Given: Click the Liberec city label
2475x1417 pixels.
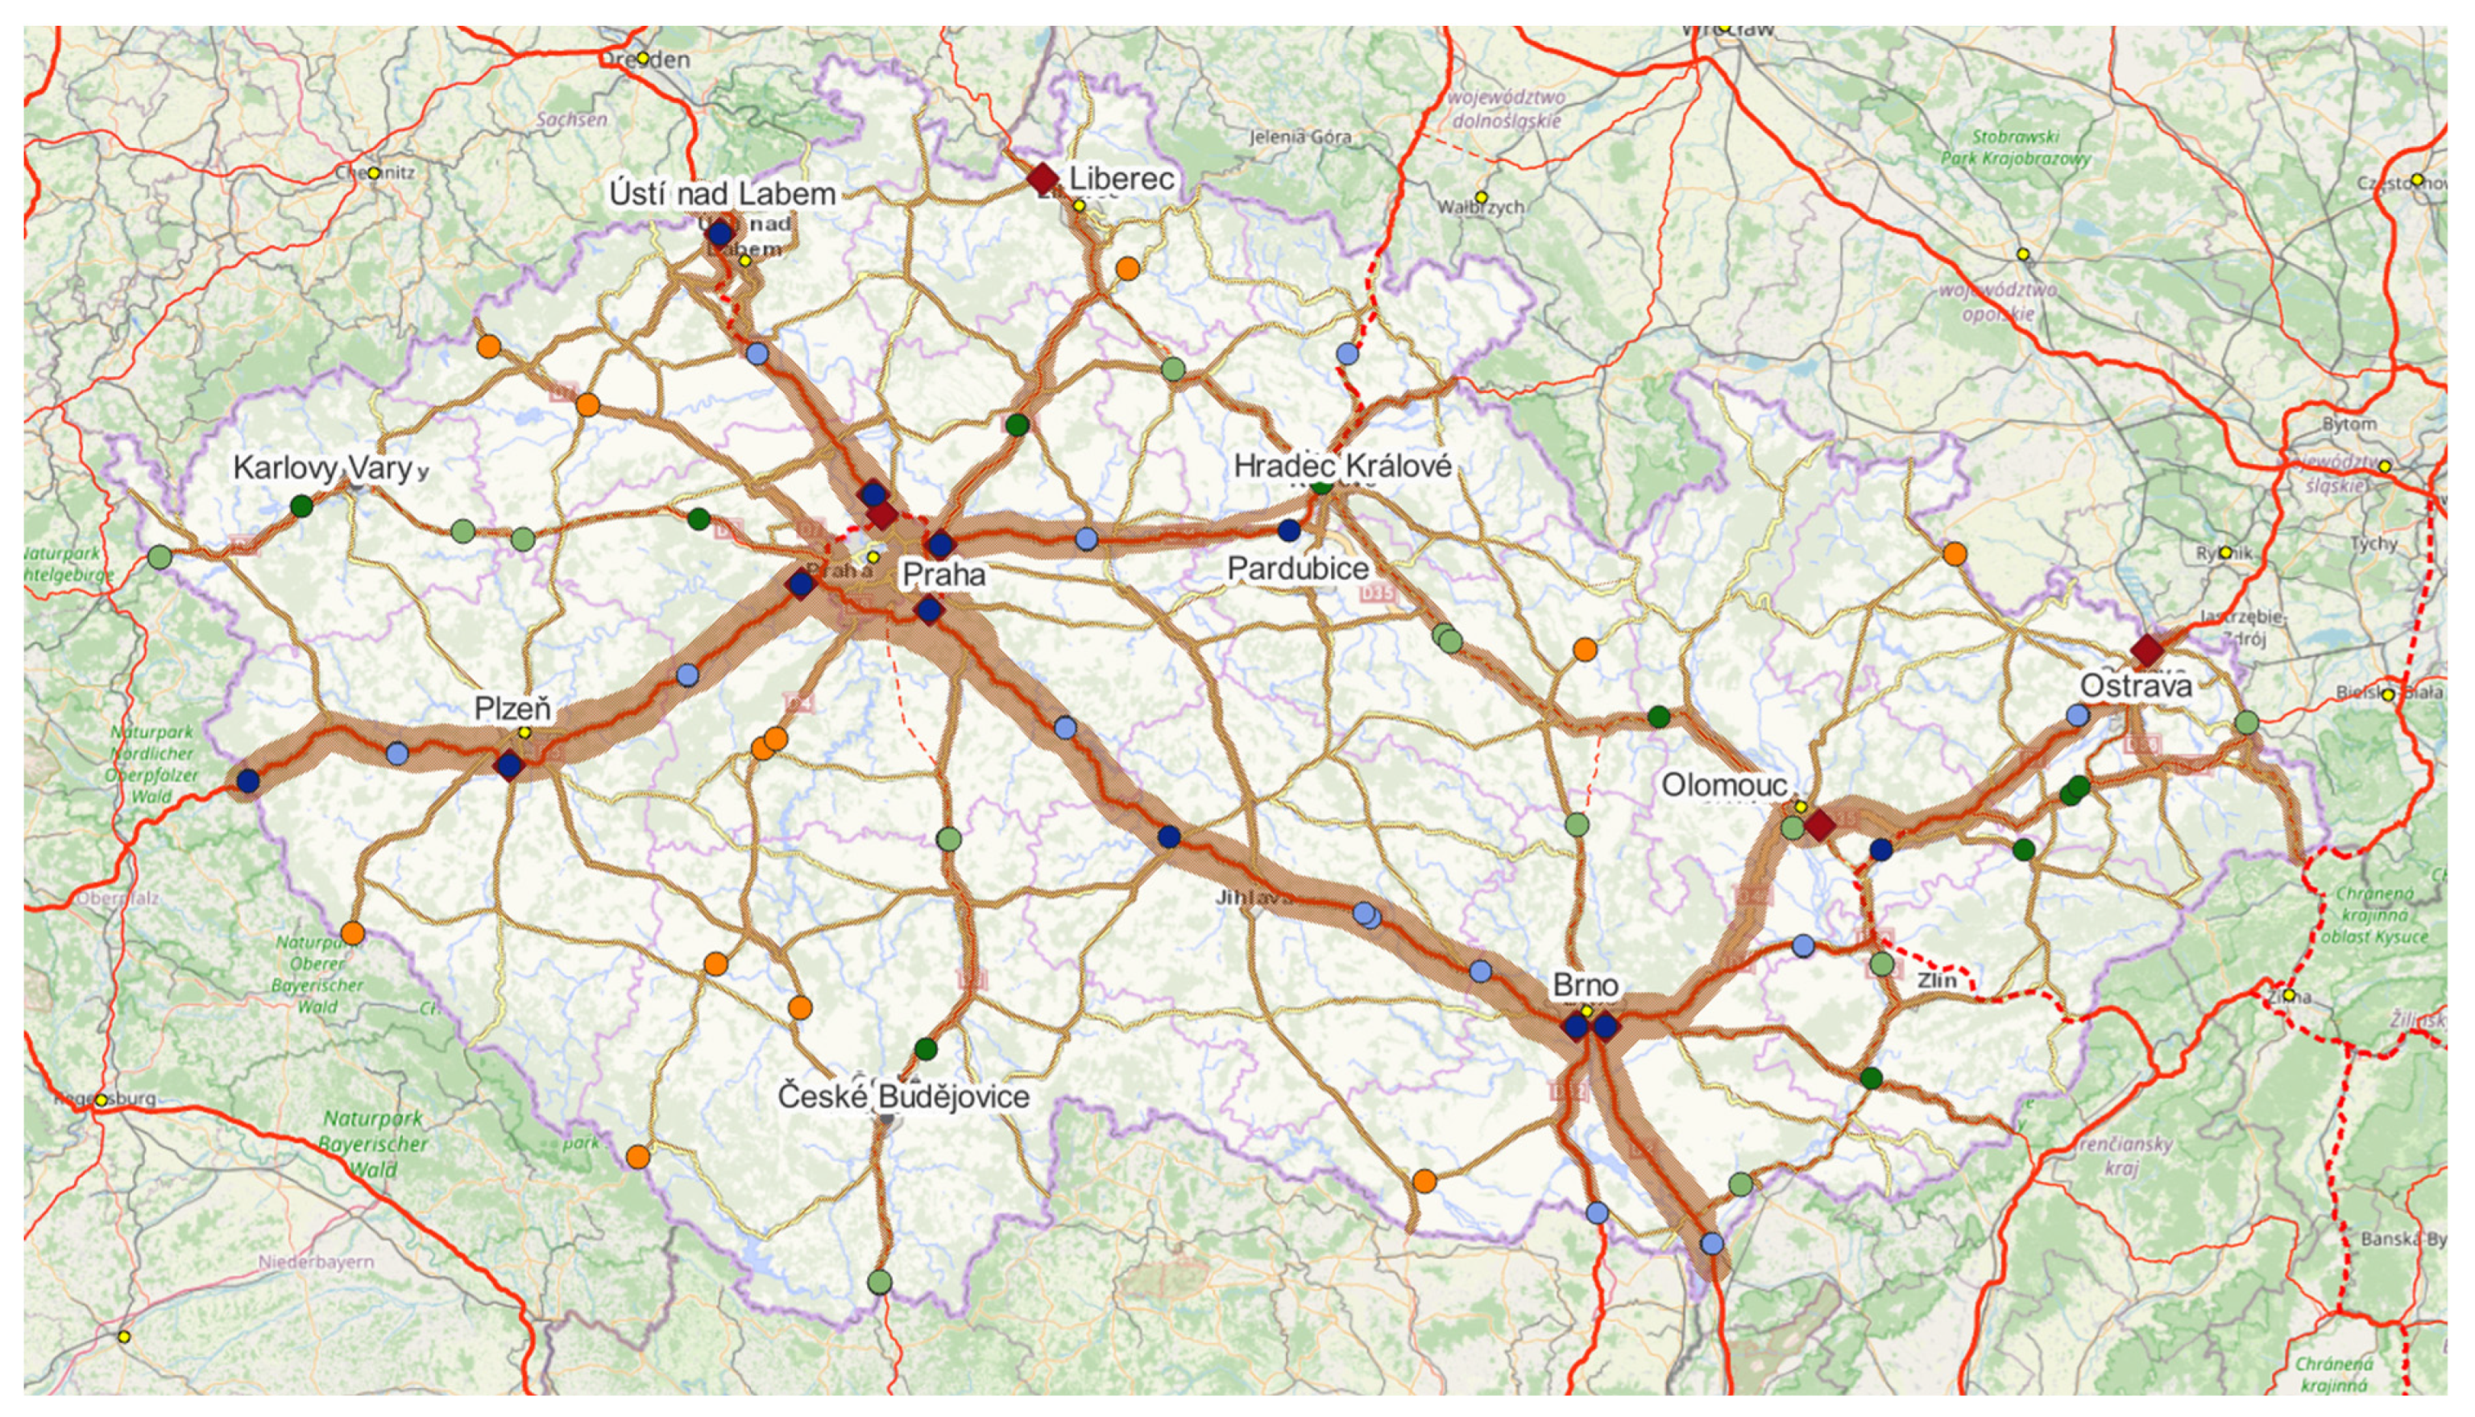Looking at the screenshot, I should [x=1121, y=179].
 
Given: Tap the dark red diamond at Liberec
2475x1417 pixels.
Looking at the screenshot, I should [x=1043, y=178].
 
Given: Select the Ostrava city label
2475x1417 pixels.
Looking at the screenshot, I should [x=2136, y=686].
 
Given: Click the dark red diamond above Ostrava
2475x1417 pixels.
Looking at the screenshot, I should [x=2147, y=650].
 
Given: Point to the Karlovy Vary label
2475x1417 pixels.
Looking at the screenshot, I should [x=323, y=468].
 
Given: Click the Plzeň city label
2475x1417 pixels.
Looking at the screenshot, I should [x=512, y=708].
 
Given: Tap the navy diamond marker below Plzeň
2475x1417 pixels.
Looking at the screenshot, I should [x=509, y=766].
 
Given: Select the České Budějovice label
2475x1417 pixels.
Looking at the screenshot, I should [x=902, y=1097].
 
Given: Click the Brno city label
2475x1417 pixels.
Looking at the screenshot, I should [x=1585, y=985].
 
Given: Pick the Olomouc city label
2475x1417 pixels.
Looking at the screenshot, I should [x=1723, y=784].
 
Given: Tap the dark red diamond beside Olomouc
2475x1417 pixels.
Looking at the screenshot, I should [x=1818, y=826].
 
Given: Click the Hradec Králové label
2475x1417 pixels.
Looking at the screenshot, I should [x=1341, y=466].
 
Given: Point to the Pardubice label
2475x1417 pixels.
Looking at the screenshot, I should [x=1298, y=568].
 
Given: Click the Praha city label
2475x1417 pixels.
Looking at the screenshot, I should [x=943, y=574].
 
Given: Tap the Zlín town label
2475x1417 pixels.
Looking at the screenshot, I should [x=1937, y=980].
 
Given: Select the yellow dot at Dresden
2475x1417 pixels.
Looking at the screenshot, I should [x=643, y=59].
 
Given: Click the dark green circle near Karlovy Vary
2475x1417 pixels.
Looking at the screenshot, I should [x=302, y=506].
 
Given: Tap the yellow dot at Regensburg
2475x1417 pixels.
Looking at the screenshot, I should [x=100, y=1100].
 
